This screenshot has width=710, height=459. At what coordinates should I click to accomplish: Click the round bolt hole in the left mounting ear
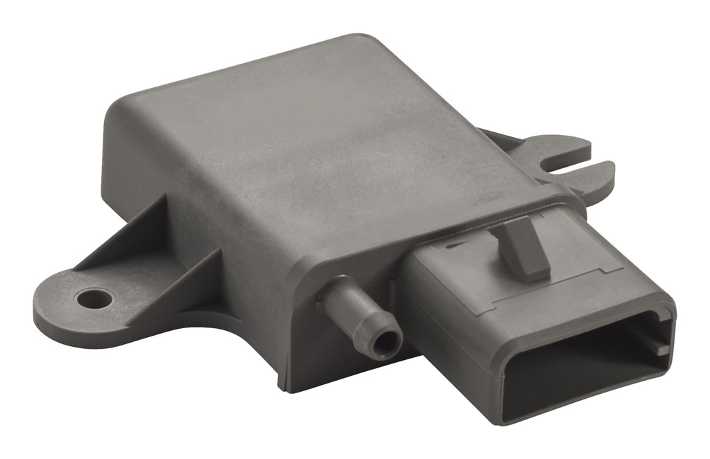point(95,299)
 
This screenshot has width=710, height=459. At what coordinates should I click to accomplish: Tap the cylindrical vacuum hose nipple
point(361,311)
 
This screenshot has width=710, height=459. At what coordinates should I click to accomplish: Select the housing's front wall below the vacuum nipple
point(333,353)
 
